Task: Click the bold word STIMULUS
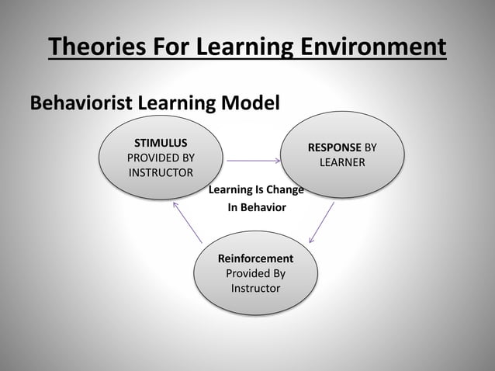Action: (161, 143)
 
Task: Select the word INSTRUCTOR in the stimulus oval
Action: (161, 172)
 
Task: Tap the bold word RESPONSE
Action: (334, 147)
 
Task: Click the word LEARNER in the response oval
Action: (342, 162)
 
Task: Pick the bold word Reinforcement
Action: (255, 258)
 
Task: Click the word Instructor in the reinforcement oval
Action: (255, 288)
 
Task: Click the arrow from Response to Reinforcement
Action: (322, 223)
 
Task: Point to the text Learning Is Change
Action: (255, 190)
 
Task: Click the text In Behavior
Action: (255, 208)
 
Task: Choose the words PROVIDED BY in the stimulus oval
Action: (161, 158)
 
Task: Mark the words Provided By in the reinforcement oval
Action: (255, 273)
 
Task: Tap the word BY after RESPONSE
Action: (371, 147)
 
